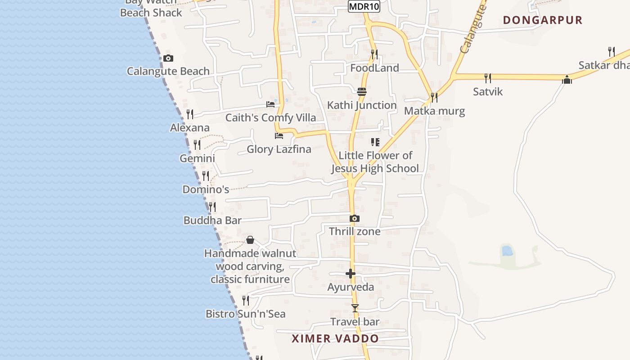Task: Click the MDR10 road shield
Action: pos(364,6)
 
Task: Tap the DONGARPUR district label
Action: pos(543,20)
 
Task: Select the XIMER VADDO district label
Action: pos(335,339)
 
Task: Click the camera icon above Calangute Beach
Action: pos(168,58)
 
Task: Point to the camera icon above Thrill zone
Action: pos(355,219)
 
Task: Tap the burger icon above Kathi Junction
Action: pos(362,92)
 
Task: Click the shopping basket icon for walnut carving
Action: pos(250,240)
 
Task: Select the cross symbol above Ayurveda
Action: pos(351,274)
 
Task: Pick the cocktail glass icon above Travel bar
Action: pos(355,308)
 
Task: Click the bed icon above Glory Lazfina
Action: pos(279,135)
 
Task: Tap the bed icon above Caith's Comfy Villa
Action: pos(270,104)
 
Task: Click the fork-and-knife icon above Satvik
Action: pos(488,78)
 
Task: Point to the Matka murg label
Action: pos(434,111)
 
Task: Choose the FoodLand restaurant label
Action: pos(374,68)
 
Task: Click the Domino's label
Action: pos(206,189)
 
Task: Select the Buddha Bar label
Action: pos(212,220)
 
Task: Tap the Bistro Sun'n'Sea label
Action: pos(245,314)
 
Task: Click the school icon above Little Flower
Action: pos(375,142)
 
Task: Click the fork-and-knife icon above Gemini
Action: pos(197,145)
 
